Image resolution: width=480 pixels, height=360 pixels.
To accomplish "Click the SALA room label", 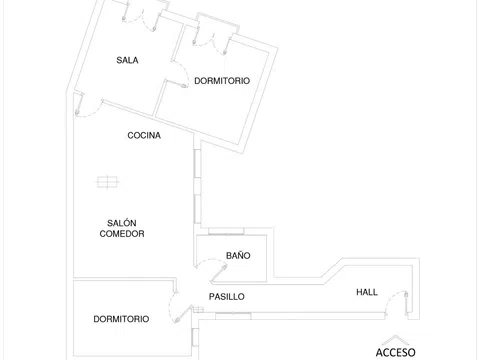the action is [127, 60].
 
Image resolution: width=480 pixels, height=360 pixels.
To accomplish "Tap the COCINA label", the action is [144, 135].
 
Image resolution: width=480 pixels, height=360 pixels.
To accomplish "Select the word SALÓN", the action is [122, 223].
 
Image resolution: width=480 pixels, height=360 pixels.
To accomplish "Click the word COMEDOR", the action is [122, 234].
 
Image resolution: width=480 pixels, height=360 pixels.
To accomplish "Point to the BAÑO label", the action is [238, 255].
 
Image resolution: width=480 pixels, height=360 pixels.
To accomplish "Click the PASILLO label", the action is [227, 297].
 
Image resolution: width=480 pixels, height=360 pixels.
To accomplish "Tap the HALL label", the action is [367, 292].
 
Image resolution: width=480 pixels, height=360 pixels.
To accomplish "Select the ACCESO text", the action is [396, 352].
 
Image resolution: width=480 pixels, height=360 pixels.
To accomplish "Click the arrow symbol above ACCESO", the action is [395, 340].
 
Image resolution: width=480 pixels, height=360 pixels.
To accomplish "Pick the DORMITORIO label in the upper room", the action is [222, 81].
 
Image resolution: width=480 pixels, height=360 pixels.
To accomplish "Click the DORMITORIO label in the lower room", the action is [121, 319].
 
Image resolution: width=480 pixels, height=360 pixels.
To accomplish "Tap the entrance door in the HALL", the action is [396, 303].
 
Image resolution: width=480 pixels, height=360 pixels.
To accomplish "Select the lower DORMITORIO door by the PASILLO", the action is [181, 307].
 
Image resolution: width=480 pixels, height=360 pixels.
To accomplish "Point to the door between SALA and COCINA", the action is [88, 105].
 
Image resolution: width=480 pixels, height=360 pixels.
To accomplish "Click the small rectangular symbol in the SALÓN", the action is [108, 182].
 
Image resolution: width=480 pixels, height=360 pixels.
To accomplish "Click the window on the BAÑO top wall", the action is [226, 231].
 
